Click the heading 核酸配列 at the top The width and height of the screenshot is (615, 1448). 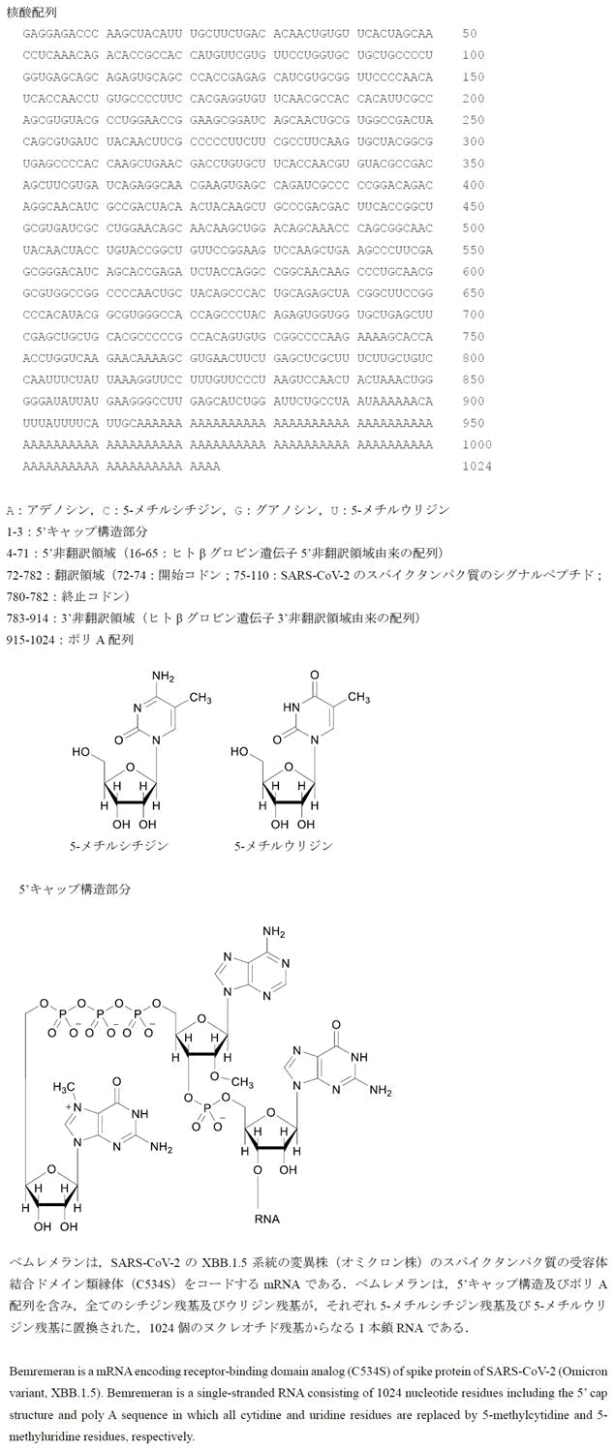click(x=32, y=13)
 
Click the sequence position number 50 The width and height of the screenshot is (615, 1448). click(x=470, y=34)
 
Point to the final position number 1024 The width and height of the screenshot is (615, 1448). click(x=477, y=467)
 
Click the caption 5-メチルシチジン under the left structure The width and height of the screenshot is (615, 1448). click(x=118, y=845)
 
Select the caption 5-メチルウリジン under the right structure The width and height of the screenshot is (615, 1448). click(x=284, y=845)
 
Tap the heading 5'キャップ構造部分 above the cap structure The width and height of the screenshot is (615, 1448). click(x=75, y=888)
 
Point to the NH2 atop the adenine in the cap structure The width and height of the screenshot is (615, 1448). click(x=275, y=932)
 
